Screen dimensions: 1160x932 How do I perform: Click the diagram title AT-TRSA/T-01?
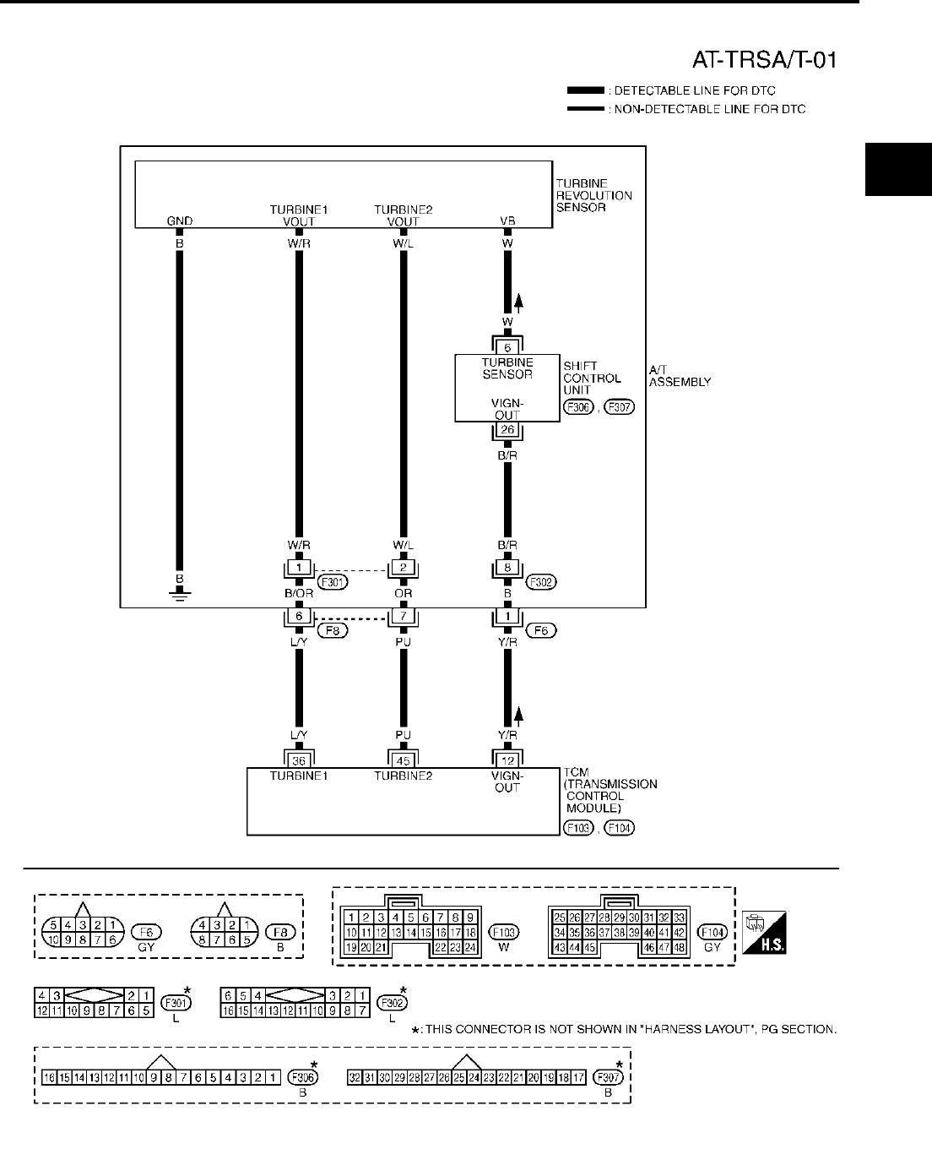(765, 60)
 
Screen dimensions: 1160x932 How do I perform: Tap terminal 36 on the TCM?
(299, 760)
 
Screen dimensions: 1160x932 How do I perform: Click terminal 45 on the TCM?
(404, 760)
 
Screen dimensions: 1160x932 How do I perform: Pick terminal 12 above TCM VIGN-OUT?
(507, 760)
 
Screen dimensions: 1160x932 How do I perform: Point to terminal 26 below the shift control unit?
(507, 429)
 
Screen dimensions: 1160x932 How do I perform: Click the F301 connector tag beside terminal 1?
(333, 582)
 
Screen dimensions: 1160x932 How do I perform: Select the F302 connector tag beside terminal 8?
(542, 582)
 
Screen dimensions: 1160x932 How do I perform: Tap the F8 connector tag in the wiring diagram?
(333, 629)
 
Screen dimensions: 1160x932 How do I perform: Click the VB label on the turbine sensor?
(507, 221)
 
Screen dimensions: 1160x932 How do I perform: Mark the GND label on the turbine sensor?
(180, 221)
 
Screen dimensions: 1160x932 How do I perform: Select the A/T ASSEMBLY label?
(680, 375)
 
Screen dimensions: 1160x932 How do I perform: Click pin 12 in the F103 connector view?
(382, 932)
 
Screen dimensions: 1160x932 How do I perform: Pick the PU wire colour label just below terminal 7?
(404, 640)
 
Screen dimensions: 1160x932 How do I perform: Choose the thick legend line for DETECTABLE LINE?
(586, 90)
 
